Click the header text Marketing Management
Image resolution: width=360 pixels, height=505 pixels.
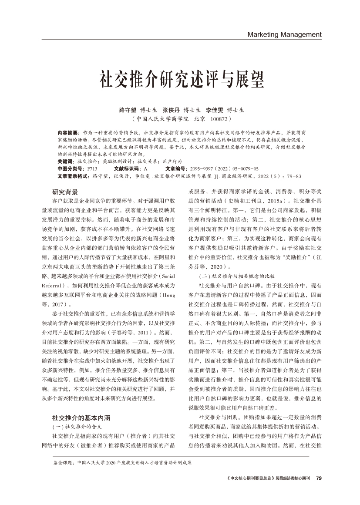coord(284,34)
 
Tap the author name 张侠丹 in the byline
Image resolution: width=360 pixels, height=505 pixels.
coord(171,110)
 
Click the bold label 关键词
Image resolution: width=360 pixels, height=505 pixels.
coord(65,161)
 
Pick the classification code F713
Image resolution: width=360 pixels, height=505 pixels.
coord(92,168)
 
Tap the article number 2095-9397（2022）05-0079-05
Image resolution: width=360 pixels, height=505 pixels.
coord(224,168)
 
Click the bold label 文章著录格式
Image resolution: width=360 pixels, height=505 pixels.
coord(73,176)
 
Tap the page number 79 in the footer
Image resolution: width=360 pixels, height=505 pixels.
coord(319,478)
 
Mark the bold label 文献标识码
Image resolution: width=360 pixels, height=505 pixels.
coord(127,168)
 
